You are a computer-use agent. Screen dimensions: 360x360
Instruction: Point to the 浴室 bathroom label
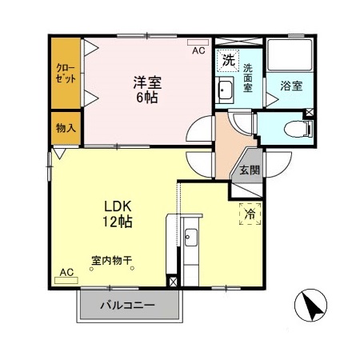click(x=290, y=86)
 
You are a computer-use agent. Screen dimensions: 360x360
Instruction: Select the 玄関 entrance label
click(x=249, y=170)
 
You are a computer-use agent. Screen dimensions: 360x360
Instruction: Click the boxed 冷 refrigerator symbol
click(x=250, y=214)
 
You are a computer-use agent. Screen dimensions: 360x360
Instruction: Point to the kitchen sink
click(x=190, y=238)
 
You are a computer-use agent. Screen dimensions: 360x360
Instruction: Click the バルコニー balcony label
click(x=127, y=305)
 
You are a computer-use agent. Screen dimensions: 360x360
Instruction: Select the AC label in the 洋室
click(x=198, y=50)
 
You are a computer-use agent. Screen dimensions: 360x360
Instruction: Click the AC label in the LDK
click(x=67, y=271)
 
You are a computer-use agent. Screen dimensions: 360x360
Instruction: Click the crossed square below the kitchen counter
click(x=174, y=282)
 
